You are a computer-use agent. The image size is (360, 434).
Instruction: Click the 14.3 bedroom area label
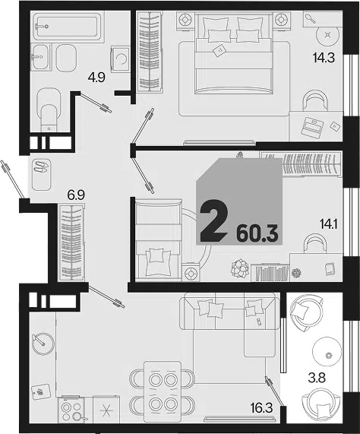coord(324,58)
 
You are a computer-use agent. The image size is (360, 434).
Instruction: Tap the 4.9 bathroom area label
coord(96,78)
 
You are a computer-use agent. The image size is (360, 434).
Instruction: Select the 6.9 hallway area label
coord(76,195)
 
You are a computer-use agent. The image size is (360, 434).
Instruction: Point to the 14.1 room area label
coord(329,223)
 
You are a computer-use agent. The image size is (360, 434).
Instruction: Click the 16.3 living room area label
coord(261,408)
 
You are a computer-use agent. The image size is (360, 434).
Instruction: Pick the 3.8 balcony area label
coord(317,378)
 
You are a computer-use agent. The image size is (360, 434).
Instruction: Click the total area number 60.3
coord(257,234)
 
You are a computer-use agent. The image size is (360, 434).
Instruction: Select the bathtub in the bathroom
coord(65,26)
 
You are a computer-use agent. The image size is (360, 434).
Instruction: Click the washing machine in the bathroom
coord(120,59)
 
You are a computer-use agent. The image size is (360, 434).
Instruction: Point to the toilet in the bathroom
coord(49,110)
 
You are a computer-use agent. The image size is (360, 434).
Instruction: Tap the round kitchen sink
coord(43,344)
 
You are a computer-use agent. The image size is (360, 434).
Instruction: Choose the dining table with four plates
coord(163,392)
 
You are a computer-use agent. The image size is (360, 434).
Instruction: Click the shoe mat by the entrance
coord(41,174)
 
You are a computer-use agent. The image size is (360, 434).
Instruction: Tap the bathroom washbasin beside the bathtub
coord(40,57)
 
